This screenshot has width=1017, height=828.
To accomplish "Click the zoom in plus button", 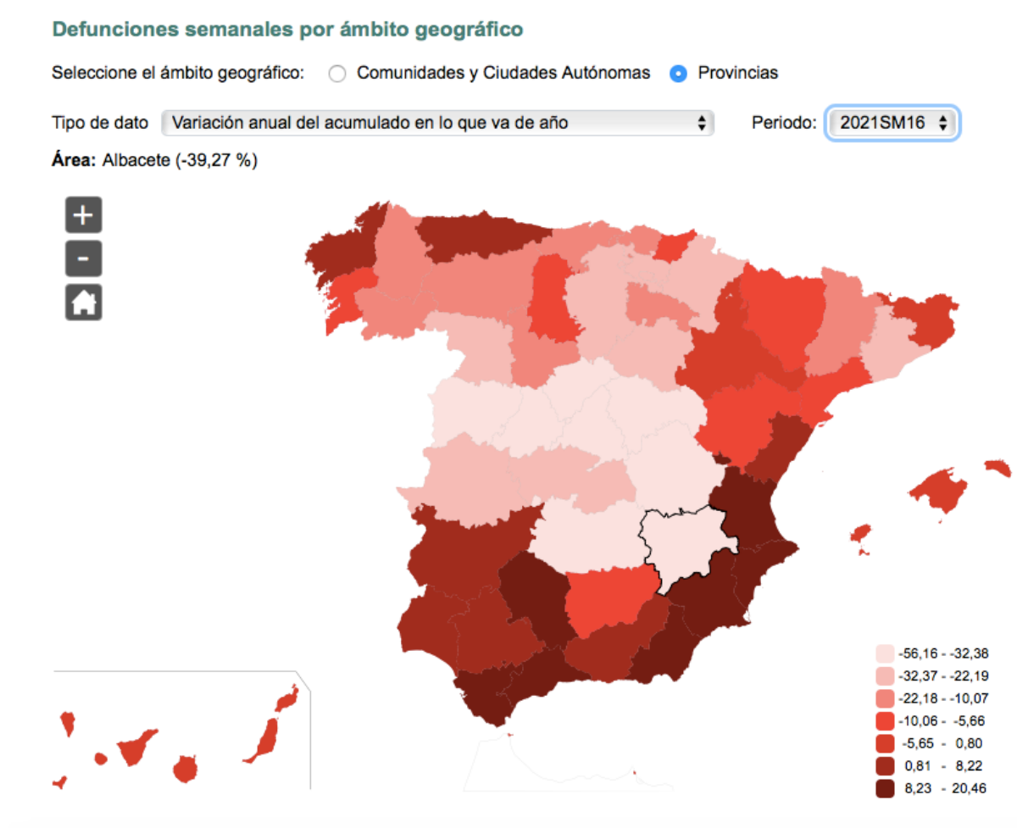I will click(83, 215).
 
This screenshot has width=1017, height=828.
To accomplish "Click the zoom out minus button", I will click(83, 258).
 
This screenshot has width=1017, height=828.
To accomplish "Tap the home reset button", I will click(83, 302).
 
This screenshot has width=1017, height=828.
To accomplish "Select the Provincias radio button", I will click(678, 74).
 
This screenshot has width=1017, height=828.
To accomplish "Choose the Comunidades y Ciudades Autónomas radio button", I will click(337, 74).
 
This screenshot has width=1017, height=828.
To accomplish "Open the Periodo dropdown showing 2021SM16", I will click(892, 123).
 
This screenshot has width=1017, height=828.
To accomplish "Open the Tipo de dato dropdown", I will click(437, 123).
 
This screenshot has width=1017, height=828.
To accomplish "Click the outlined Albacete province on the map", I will click(682, 547).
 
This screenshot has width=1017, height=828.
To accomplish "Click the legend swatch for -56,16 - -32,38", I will click(885, 653).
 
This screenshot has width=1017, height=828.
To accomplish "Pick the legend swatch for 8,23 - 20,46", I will click(885, 788).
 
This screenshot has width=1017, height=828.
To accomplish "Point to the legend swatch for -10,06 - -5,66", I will click(885, 721).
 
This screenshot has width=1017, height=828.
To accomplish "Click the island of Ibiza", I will click(860, 535).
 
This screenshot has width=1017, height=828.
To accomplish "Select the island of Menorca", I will click(998, 469).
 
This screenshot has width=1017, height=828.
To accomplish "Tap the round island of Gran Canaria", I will click(186, 770).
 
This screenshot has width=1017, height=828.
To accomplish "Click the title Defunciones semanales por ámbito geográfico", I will click(287, 29).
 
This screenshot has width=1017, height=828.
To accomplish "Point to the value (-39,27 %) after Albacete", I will click(216, 161).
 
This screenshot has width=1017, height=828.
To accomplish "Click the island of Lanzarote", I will click(286, 697).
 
